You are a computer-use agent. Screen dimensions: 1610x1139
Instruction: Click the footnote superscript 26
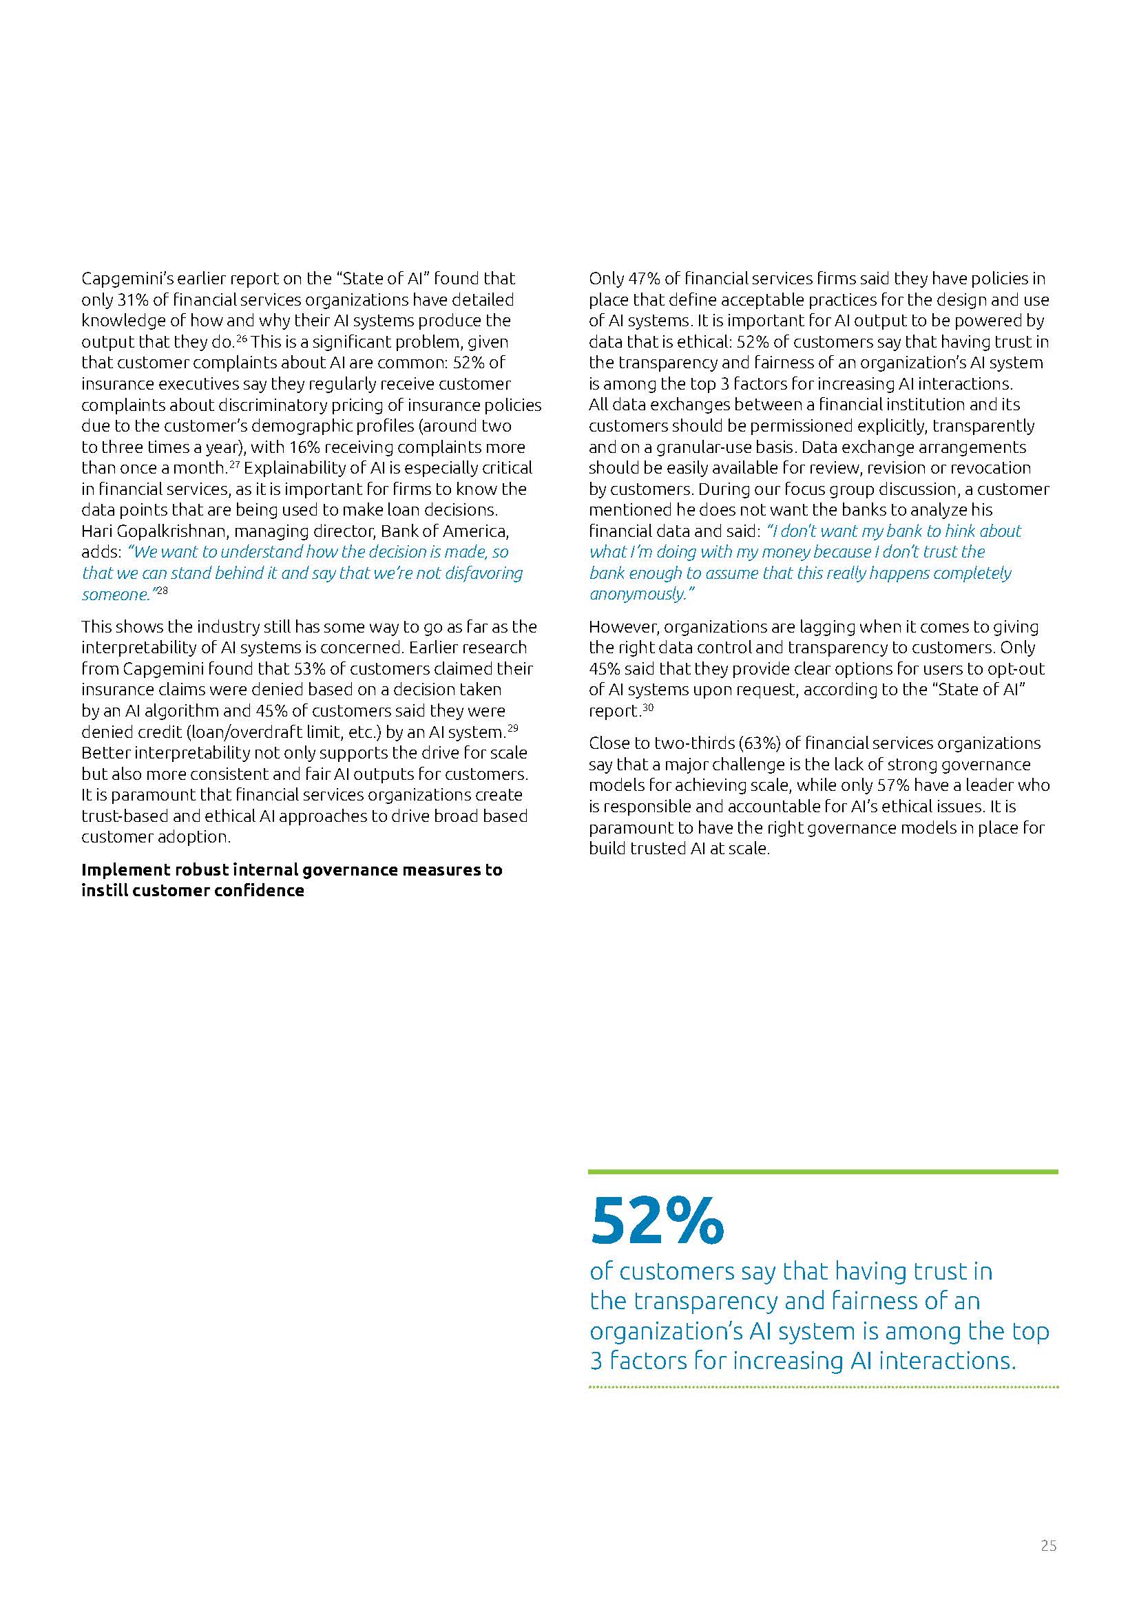click(241, 339)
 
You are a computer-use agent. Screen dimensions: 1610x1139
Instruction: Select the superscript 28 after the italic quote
click(162, 591)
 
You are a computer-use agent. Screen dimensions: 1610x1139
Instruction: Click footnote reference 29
click(513, 728)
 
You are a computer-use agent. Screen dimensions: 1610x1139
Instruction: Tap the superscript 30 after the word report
click(648, 708)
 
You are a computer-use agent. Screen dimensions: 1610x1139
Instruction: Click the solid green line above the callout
click(823, 1172)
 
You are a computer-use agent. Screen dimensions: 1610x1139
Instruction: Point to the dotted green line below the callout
click(823, 1387)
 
